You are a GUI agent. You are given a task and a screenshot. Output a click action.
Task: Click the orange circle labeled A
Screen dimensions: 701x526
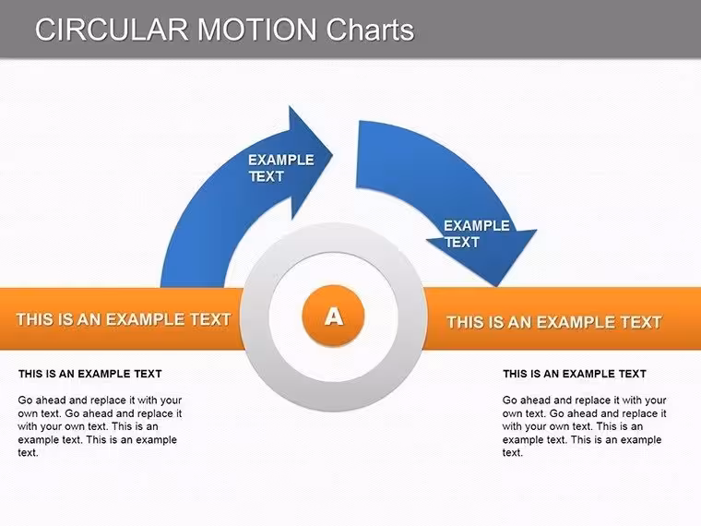click(x=334, y=317)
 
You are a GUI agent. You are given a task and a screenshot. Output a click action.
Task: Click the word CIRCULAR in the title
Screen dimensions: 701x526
click(x=112, y=30)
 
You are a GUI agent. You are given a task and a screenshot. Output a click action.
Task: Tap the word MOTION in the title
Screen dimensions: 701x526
click(x=257, y=30)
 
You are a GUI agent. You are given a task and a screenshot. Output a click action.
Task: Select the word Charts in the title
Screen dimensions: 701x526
click(x=370, y=30)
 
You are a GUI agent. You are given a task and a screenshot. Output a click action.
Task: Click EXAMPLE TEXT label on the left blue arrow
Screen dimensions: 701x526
click(x=281, y=168)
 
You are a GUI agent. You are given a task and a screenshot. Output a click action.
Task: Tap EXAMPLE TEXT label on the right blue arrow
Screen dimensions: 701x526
click(x=477, y=233)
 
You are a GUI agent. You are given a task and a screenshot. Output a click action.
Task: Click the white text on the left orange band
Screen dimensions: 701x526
click(x=124, y=319)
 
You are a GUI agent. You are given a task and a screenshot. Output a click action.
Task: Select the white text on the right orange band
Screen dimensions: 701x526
click(x=554, y=322)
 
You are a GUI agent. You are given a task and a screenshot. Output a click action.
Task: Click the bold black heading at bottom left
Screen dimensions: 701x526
click(x=89, y=374)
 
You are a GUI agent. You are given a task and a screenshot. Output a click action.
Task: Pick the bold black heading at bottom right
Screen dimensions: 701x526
click(x=575, y=374)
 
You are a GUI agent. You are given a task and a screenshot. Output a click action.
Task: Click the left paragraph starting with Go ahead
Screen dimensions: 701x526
click(x=101, y=426)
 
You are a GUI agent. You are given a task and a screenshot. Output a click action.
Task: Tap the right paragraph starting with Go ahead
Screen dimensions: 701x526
click(x=584, y=426)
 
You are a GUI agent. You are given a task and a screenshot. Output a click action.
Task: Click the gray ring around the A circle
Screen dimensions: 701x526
click(x=334, y=237)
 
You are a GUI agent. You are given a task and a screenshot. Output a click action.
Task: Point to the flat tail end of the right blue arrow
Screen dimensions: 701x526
click(x=358, y=154)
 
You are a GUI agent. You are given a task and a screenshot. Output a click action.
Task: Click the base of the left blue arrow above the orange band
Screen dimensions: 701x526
click(x=192, y=284)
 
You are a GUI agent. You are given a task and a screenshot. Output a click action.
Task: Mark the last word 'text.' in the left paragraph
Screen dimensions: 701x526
click(x=29, y=453)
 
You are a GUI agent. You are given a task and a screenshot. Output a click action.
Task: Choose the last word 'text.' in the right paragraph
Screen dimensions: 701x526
click(x=512, y=453)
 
